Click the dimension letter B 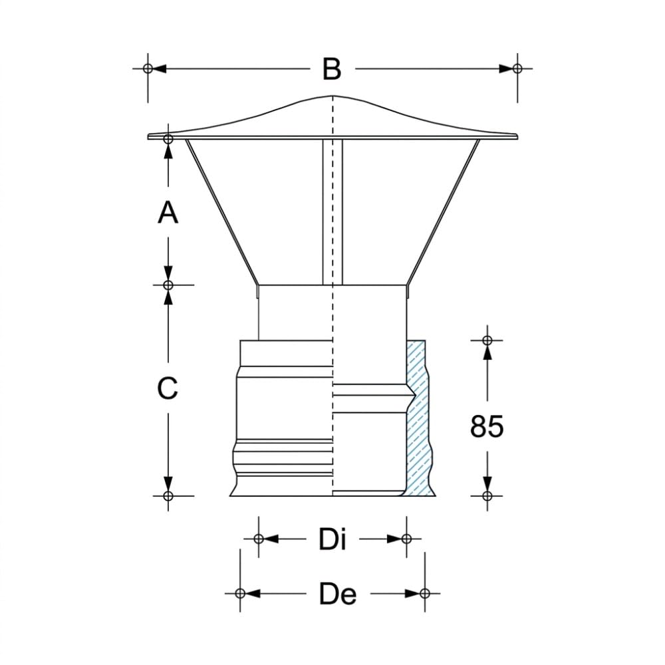pos(332,69)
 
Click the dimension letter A pos(168,212)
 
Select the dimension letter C pos(168,388)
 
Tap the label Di pos(332,539)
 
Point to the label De pos(338,593)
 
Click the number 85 pos(487,426)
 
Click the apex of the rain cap pos(333,96)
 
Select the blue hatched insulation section pos(418,418)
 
